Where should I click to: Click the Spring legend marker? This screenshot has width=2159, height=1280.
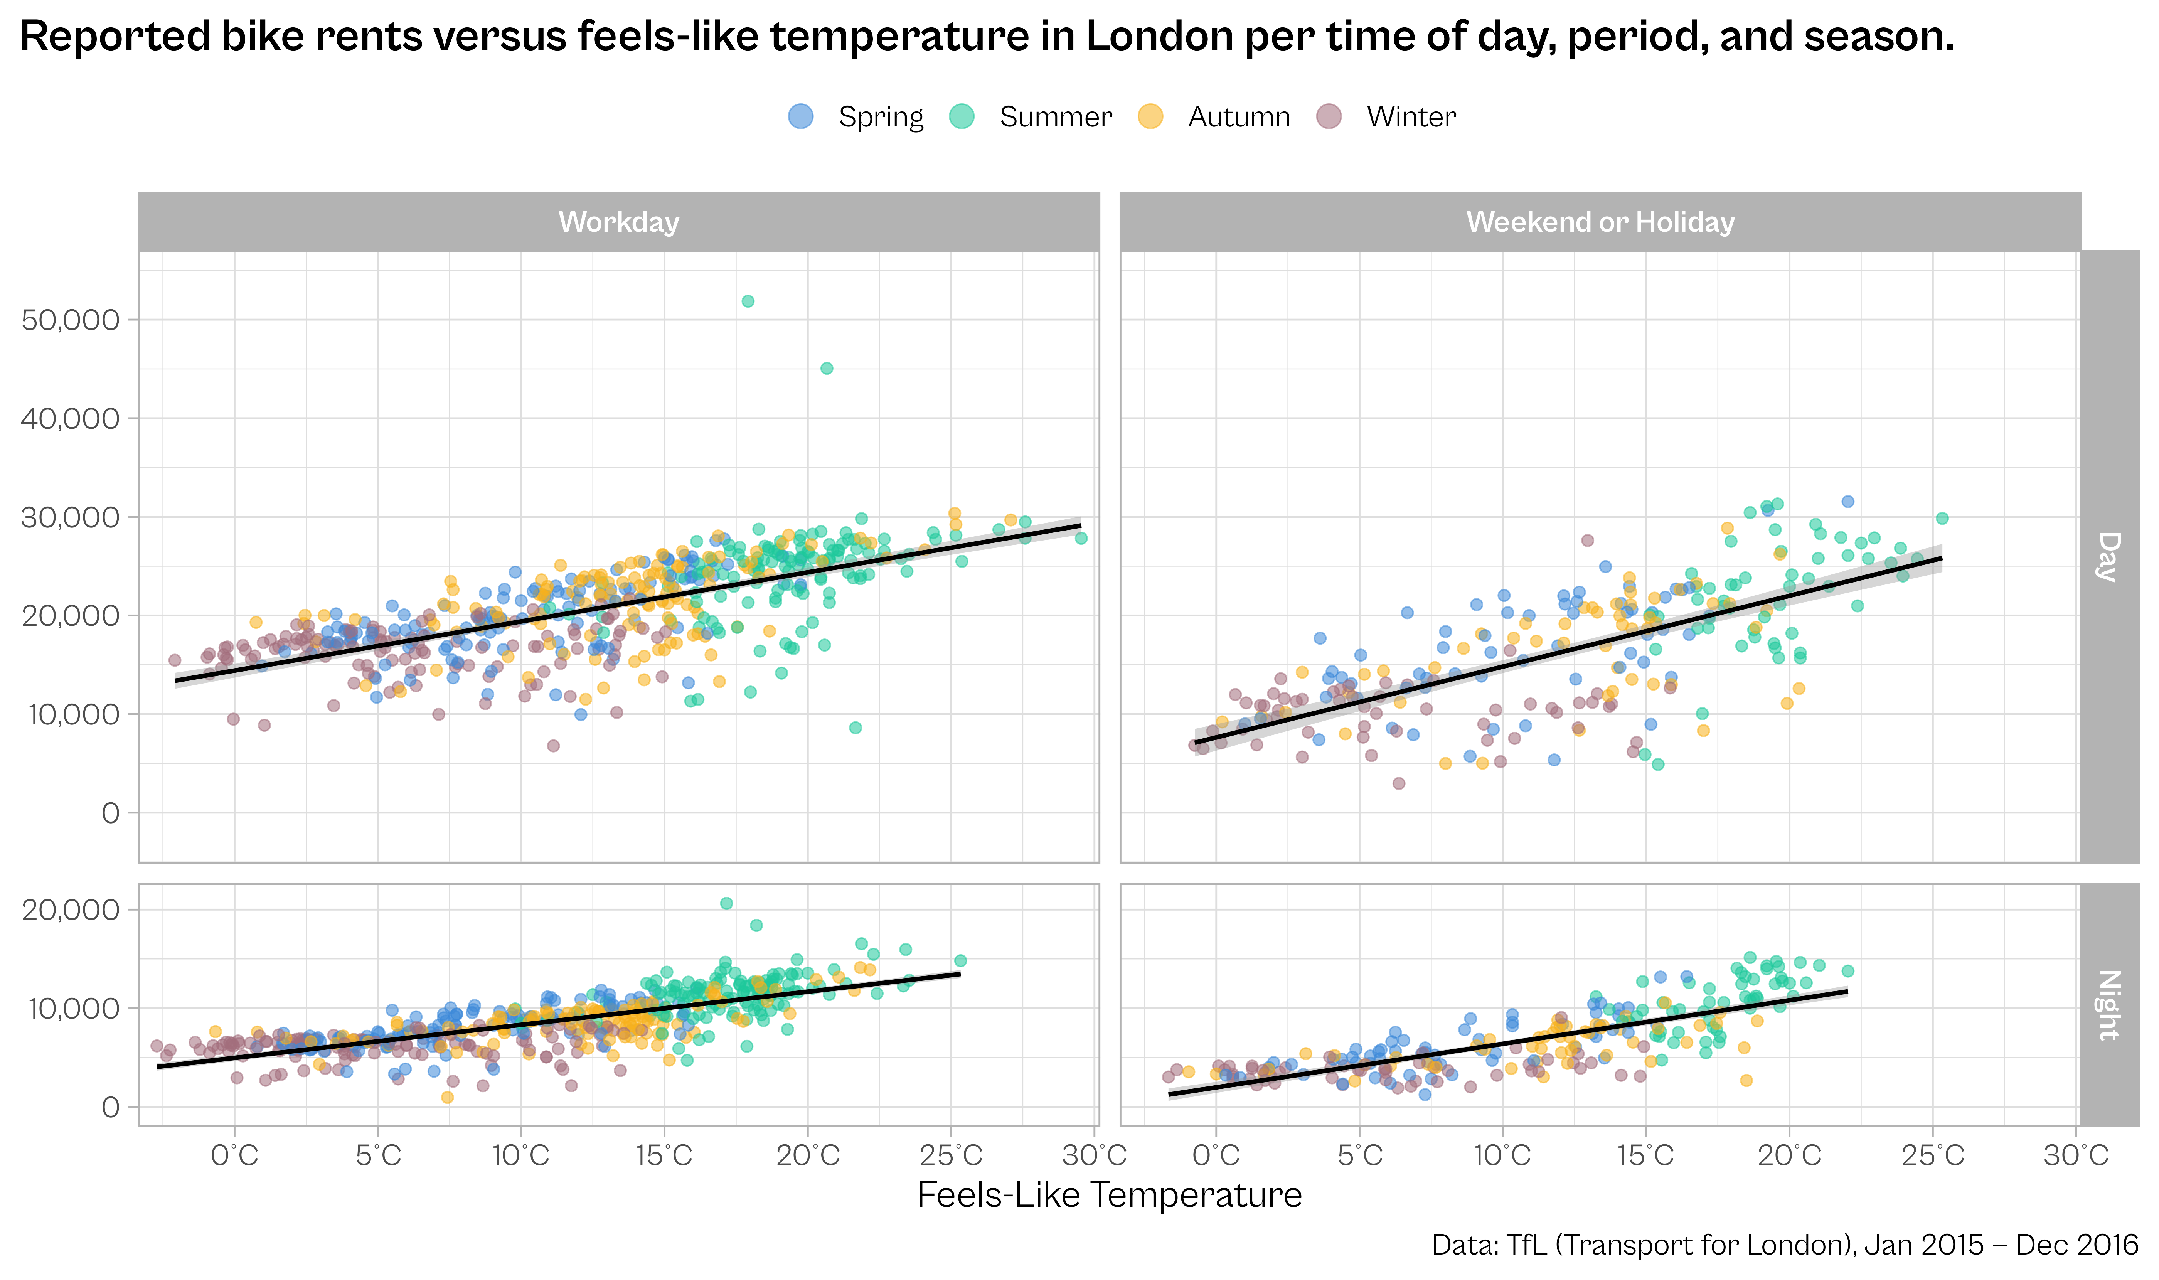801,116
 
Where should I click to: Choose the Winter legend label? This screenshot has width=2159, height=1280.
1411,116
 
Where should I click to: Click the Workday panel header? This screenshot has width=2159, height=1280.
618,222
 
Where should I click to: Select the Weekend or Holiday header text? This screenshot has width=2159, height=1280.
1600,222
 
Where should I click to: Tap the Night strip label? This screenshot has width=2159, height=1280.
2109,1005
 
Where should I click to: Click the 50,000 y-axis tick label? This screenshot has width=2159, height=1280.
70,320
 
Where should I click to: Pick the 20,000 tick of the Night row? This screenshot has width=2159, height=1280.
70,910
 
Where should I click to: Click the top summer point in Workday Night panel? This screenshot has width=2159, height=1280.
726,903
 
